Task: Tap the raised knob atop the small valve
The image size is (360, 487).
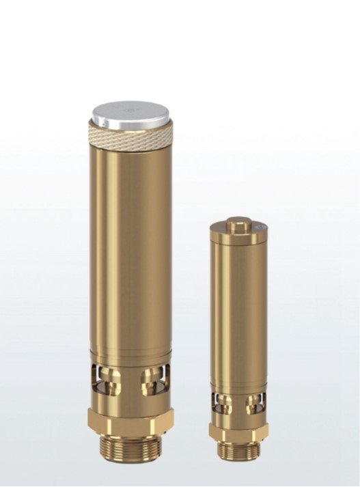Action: pos(239,224)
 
